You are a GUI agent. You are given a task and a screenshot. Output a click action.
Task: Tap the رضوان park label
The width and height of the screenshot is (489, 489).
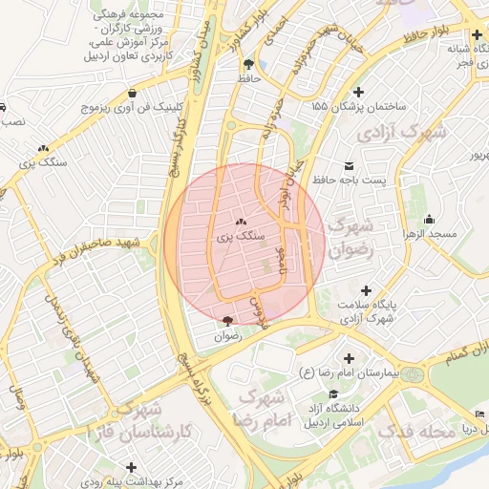click(227, 336)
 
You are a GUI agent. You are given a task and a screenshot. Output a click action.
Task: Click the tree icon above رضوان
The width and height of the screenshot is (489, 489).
click(226, 322)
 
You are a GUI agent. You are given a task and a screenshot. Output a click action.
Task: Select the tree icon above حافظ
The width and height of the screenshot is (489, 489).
click(249, 66)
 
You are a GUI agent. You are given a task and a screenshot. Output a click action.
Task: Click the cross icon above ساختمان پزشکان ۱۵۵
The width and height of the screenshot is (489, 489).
click(358, 93)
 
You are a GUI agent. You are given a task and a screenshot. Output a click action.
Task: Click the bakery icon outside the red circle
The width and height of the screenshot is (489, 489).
click(43, 149)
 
